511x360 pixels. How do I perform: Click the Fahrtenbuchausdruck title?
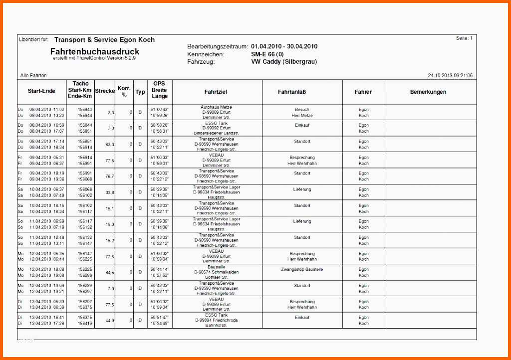[95, 52]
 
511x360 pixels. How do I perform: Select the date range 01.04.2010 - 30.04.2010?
[284, 46]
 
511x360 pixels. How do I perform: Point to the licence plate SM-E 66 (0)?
[267, 54]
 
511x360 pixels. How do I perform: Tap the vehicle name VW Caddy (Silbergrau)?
[284, 62]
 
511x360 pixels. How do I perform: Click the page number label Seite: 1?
[464, 38]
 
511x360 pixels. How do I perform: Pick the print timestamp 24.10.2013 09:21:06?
[450, 76]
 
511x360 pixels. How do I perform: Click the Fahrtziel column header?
[216, 92]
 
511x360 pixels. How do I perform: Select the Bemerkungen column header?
[428, 92]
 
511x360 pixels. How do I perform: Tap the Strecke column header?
[105, 91]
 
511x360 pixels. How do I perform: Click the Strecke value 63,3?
[110, 145]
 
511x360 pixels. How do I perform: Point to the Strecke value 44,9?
[110, 321]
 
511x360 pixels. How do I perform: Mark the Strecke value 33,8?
[110, 192]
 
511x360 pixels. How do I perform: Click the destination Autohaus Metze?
[216, 107]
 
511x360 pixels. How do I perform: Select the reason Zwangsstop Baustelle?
[302, 269]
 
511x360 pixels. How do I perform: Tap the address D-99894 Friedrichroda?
[216, 320]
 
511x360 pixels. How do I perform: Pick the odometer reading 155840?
[85, 109]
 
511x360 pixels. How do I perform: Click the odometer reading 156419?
[85, 324]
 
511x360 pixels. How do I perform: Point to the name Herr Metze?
[302, 116]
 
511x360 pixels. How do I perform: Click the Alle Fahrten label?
[33, 76]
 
